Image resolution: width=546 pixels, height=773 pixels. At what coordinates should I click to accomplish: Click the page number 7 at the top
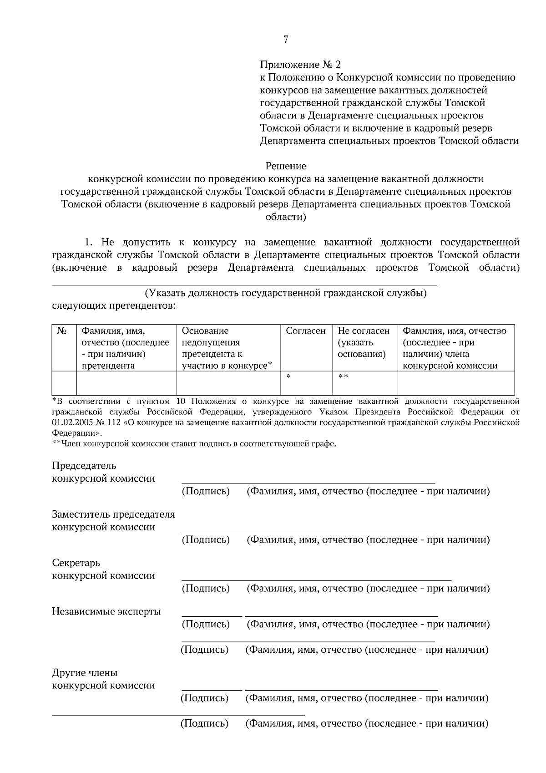(286, 40)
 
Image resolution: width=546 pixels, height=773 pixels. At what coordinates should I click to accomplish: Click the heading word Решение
(286, 166)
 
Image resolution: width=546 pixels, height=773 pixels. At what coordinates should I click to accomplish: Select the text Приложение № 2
(300, 65)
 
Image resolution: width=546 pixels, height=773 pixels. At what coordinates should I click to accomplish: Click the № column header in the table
(63, 331)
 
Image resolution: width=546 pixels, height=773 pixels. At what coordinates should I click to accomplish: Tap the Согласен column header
(306, 331)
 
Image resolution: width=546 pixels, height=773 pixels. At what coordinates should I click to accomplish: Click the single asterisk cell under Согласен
(288, 376)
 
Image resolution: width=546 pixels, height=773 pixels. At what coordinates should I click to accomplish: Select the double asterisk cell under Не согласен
(343, 376)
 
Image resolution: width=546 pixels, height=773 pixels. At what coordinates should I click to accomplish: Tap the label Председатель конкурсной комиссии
(103, 472)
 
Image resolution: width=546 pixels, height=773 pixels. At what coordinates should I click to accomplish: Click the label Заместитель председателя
(113, 514)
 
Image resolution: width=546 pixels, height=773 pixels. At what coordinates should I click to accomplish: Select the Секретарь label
(76, 563)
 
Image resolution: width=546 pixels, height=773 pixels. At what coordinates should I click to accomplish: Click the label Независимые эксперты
(106, 611)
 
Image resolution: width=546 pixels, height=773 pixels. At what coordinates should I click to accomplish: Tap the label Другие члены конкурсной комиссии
(103, 679)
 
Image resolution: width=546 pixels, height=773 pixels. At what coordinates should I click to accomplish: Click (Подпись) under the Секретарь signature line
(206, 589)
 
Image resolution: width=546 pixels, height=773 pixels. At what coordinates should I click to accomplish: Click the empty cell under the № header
(64, 383)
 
